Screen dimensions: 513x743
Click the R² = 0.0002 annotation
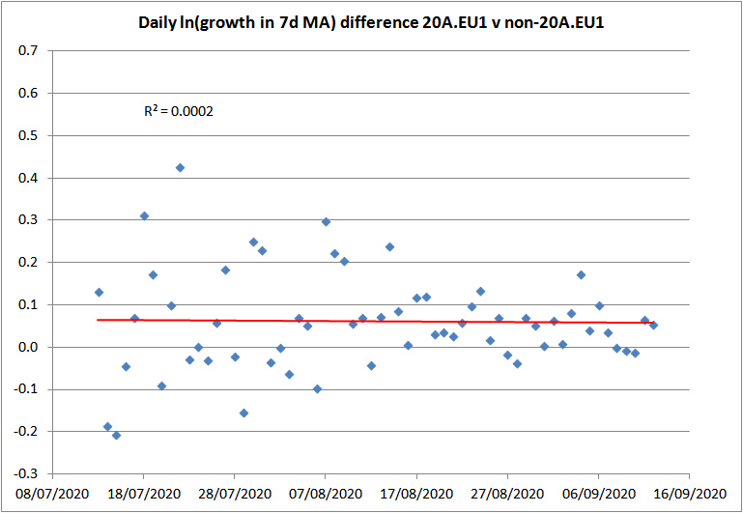click(179, 111)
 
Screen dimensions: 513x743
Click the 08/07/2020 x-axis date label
click(53, 492)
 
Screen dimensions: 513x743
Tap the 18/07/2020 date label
click(144, 492)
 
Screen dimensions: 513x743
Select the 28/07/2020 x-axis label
click(235, 492)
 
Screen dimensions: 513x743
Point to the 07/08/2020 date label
click(326, 492)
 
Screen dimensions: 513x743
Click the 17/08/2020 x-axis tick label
click(416, 492)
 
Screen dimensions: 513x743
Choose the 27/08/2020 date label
click(507, 492)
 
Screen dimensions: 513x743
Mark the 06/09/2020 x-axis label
click(598, 492)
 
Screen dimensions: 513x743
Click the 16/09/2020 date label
click(689, 492)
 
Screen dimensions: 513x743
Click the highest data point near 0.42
click(180, 167)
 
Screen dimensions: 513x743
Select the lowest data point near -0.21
click(117, 436)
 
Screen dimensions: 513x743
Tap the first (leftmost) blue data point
click(99, 292)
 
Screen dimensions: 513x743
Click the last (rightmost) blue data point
click(653, 325)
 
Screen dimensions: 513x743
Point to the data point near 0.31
click(144, 215)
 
